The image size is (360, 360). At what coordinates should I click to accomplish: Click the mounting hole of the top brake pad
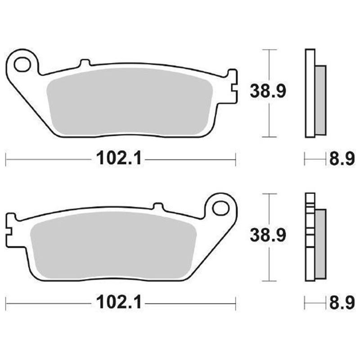click(x=21, y=64)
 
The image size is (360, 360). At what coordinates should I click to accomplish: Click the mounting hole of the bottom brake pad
click(x=220, y=208)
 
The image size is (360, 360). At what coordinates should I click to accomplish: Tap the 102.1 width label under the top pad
click(x=119, y=158)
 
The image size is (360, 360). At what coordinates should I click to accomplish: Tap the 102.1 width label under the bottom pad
click(x=119, y=302)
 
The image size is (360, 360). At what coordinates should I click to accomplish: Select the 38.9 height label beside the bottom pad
click(x=268, y=235)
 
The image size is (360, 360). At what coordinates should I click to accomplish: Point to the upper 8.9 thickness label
click(x=342, y=159)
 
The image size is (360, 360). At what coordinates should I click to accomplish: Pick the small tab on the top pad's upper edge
click(x=84, y=63)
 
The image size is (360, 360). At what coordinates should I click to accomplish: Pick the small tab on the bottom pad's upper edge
click(x=157, y=206)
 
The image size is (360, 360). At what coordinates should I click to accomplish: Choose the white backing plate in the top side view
click(x=309, y=92)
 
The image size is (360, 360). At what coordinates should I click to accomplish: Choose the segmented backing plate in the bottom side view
click(x=309, y=236)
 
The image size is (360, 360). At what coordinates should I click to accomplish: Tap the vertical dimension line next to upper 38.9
click(x=269, y=117)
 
